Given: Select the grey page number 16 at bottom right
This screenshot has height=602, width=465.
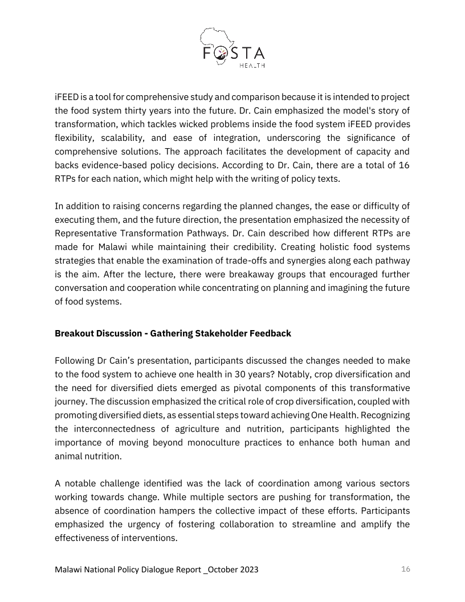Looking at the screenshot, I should coord(405,569).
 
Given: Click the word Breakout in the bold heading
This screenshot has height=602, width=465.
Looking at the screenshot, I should coord(74,333).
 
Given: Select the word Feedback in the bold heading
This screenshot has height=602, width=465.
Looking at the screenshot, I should coord(270,333).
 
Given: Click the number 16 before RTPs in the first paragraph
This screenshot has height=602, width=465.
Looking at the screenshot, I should coord(404,165).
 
